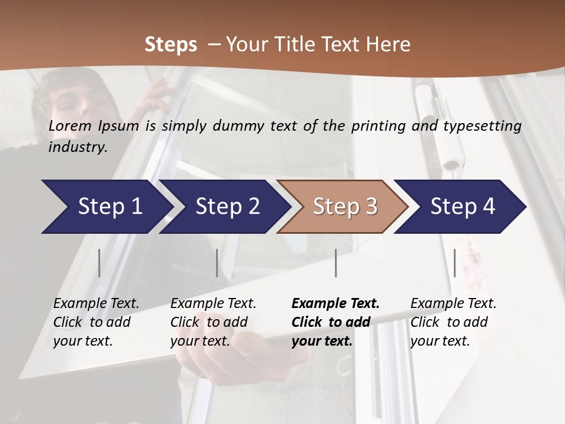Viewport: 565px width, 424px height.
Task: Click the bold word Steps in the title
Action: (x=171, y=45)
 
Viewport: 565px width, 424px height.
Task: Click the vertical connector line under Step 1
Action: (x=99, y=263)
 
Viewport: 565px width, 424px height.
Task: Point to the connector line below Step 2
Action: (x=217, y=263)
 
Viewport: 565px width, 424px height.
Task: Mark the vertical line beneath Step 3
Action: (x=335, y=263)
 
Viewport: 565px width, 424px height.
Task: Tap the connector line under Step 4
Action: (x=454, y=263)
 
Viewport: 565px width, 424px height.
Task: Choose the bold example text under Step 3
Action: (x=335, y=322)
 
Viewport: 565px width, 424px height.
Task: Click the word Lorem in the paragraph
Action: (x=70, y=125)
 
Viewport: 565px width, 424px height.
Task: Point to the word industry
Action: (x=78, y=147)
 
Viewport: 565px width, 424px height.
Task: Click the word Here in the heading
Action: (x=388, y=45)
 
